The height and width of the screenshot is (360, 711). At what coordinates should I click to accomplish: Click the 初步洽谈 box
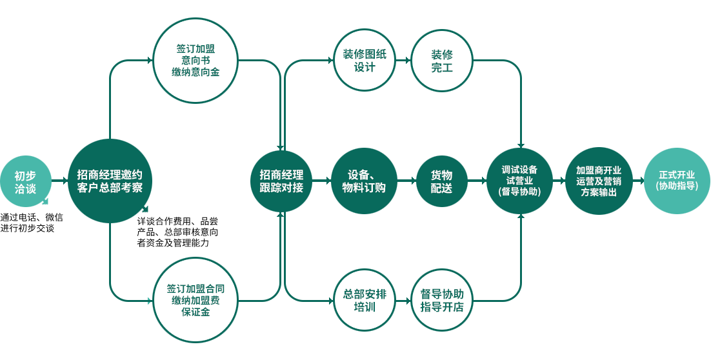coord(25,181)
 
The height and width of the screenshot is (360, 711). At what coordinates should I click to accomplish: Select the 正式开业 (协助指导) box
coord(677,181)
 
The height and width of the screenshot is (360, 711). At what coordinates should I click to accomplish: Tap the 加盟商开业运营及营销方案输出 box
coord(598,181)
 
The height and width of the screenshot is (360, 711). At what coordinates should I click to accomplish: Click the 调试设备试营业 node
coord(519,181)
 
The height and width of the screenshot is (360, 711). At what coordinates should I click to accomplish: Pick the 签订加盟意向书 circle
coord(195,60)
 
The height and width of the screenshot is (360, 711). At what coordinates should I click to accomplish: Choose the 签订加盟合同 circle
coord(195,301)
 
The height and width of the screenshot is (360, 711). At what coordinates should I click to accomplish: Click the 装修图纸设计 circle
coord(365,60)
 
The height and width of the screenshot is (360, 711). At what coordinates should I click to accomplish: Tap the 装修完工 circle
coord(442,60)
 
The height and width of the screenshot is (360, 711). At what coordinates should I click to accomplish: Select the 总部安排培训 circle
coord(365,301)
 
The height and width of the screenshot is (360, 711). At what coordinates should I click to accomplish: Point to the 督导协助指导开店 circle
coord(442,301)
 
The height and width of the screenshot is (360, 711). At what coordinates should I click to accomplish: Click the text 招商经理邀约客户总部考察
coord(110,181)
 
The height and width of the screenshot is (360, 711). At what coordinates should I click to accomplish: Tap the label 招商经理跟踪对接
coord(281,181)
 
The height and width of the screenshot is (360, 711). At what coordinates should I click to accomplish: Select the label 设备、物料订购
coord(364,181)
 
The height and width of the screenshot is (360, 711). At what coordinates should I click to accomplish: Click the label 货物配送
coord(442,181)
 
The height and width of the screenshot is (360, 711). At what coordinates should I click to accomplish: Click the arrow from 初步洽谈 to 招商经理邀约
coord(59,181)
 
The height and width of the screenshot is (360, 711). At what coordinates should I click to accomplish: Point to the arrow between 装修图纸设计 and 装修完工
coord(404,60)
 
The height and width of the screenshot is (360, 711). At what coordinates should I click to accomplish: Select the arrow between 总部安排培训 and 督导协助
coord(404,301)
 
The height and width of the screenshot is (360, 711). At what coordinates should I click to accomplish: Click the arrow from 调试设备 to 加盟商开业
coord(558,181)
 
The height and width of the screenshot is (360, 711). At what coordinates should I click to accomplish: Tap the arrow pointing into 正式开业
coord(637,181)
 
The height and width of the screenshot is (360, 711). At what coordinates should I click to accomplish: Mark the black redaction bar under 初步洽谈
coord(31,223)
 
